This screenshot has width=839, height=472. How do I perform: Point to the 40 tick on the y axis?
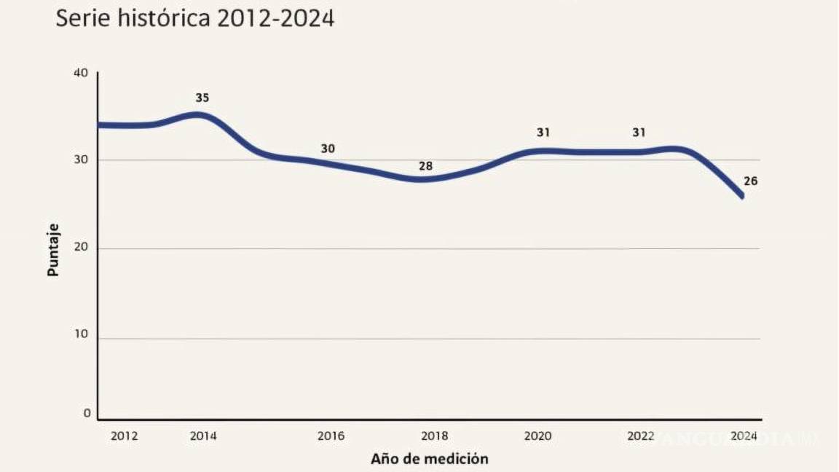(x=80, y=73)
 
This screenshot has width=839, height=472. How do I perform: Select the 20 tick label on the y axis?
(x=80, y=248)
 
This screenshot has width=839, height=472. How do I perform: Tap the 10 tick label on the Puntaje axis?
(x=80, y=336)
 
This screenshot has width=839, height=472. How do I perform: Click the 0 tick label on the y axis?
(x=87, y=413)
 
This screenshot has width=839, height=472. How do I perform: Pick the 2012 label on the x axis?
(x=124, y=436)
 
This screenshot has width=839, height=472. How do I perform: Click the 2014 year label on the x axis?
(x=202, y=436)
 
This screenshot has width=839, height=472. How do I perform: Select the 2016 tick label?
(x=331, y=436)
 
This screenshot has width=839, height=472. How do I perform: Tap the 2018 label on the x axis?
(x=435, y=436)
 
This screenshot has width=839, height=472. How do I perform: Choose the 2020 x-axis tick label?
(x=538, y=436)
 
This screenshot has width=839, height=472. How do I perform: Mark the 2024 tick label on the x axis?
(x=744, y=436)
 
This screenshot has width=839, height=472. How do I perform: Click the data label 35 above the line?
(x=202, y=98)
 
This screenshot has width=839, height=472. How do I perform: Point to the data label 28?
(x=425, y=166)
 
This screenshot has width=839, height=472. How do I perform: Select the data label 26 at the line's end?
(x=750, y=181)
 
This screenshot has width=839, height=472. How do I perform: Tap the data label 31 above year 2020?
(x=543, y=133)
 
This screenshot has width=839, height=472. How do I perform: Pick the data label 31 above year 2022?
(x=639, y=133)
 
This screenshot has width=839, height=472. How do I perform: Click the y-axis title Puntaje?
(x=53, y=249)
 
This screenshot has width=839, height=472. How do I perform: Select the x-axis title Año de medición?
(x=429, y=459)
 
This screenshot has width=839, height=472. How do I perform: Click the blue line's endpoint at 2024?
(x=741, y=196)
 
